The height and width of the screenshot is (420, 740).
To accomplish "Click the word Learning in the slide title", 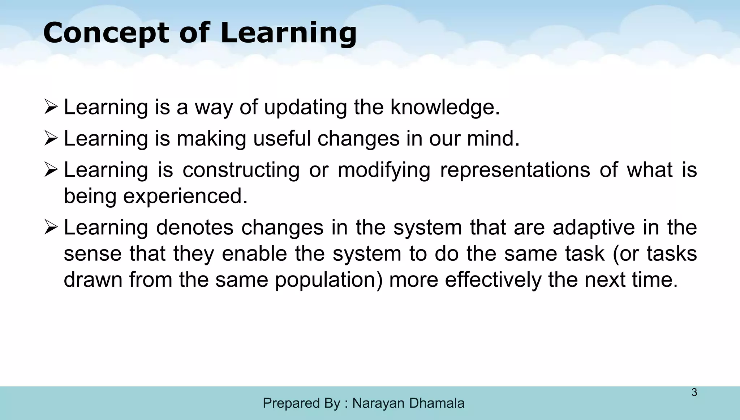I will pyautogui.click(x=288, y=33).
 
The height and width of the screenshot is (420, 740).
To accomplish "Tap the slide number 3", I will pyautogui.click(x=694, y=392).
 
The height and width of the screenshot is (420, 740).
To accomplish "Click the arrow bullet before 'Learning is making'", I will pyautogui.click(x=51, y=139).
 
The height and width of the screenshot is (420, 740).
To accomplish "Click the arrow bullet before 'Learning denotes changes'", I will pyautogui.click(x=51, y=228).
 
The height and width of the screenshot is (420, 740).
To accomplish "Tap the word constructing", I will pyautogui.click(x=241, y=170).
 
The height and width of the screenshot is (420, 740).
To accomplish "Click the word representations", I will pyautogui.click(x=515, y=170).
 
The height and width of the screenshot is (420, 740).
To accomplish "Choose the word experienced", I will pyautogui.click(x=185, y=196).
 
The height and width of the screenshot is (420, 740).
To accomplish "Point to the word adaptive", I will pyautogui.click(x=594, y=228).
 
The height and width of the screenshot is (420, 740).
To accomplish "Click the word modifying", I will pyautogui.click(x=384, y=170).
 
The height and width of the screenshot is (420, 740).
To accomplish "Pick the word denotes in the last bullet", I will pyautogui.click(x=195, y=228).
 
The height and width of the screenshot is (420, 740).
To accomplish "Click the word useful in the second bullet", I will pyautogui.click(x=282, y=139).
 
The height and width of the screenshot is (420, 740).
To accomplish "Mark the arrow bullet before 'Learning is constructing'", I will pyautogui.click(x=51, y=170).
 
